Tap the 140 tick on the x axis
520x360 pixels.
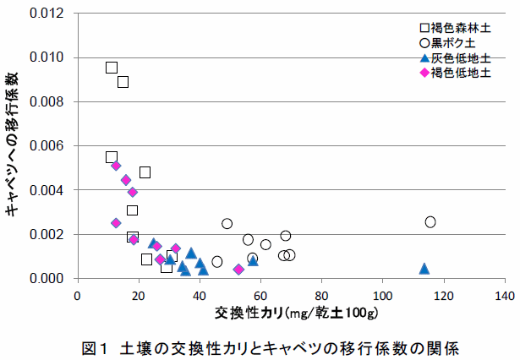coord(504,296)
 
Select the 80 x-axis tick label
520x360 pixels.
coord(321,296)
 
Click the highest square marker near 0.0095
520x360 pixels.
coord(112,68)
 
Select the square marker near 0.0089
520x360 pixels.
coord(123,82)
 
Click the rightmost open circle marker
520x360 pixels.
coord(430,221)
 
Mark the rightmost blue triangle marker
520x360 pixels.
coord(424,269)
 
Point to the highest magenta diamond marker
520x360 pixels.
coord(116,166)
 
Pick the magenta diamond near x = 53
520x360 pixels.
coord(238,270)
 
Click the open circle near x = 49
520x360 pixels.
coord(227,223)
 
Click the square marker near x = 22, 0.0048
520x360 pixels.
coord(145,172)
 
